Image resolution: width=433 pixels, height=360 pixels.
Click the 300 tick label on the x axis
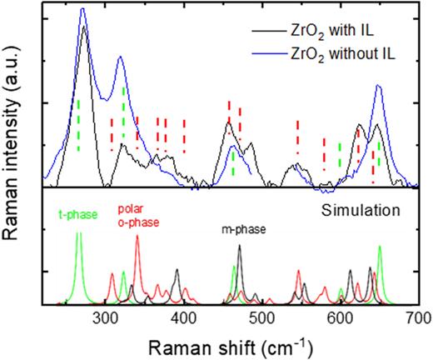point(105,317)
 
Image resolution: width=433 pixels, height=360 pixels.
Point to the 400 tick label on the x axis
point(183,317)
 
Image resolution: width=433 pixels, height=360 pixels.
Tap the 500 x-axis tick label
point(262,317)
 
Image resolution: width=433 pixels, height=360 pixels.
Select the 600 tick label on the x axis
point(341,317)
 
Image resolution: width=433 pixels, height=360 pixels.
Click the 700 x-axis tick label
point(418,317)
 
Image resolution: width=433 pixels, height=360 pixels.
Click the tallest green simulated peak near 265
point(221,234)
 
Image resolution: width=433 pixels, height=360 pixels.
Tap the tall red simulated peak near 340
point(284,237)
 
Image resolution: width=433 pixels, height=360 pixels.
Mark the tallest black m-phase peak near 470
point(240,247)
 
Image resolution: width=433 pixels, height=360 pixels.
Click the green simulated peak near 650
point(380,247)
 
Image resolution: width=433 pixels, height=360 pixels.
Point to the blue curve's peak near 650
point(379,85)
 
